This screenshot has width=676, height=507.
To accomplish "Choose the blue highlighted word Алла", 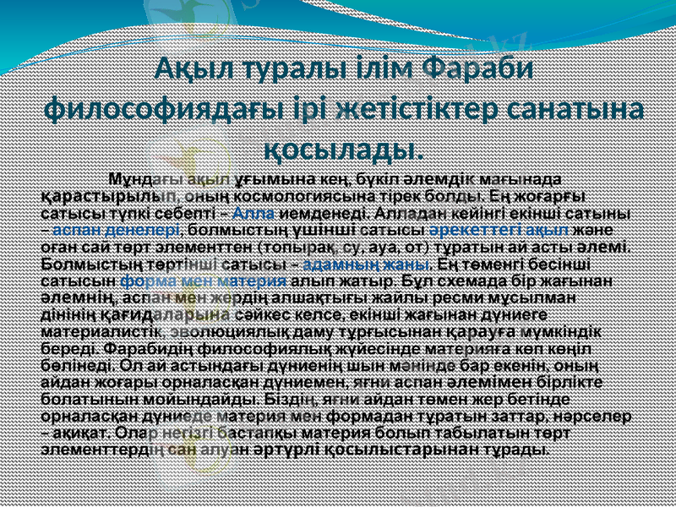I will click(251, 213).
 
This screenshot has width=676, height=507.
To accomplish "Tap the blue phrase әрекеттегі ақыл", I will click(499, 230).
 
